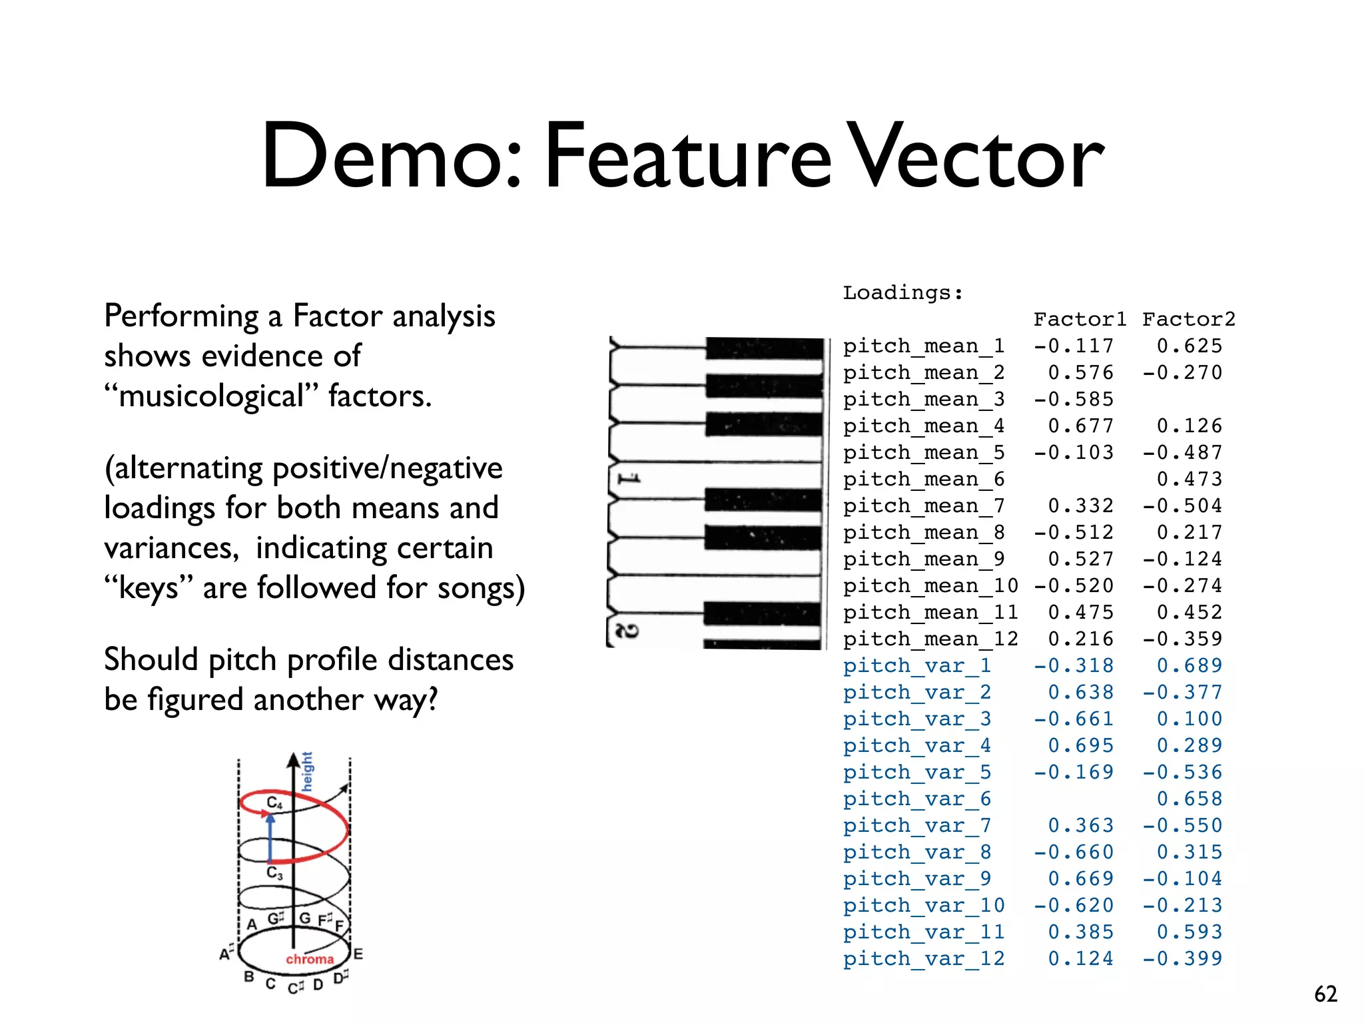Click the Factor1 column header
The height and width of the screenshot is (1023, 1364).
1080,320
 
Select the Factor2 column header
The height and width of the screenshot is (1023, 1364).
1189,320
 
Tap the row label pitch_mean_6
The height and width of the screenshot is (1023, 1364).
924,480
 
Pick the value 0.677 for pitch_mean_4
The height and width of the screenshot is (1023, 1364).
1080,426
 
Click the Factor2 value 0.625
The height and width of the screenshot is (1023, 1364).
1190,346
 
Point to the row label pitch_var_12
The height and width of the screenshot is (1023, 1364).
924,959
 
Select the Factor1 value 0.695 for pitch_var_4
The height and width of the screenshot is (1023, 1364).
1080,746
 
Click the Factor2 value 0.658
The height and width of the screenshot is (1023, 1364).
1190,799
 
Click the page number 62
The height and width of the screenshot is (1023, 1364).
1325,994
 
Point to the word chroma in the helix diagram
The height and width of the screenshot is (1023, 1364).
310,959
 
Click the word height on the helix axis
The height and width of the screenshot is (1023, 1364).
307,772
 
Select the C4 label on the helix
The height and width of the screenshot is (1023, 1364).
274,803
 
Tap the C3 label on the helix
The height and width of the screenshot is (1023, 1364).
274,872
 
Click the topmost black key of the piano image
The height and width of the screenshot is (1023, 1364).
764,348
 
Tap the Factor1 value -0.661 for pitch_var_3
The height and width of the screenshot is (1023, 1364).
1074,719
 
